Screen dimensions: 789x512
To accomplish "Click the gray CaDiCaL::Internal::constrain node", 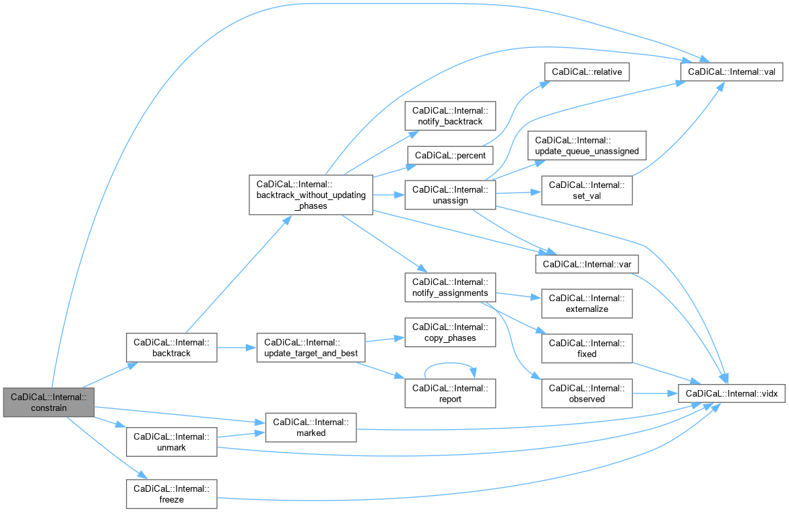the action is click(49, 402).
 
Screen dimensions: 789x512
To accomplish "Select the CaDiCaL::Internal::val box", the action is click(732, 72).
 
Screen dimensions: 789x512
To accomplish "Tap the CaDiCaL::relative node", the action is click(587, 72).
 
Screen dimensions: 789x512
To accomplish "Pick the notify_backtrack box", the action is click(450, 116).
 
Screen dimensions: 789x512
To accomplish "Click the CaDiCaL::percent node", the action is click(450, 156).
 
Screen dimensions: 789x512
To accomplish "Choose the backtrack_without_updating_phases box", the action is click(311, 195).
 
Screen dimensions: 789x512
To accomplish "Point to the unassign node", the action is click(450, 195).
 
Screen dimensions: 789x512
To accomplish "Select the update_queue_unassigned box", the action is click(587, 146).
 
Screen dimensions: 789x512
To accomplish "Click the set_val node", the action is click(587, 191).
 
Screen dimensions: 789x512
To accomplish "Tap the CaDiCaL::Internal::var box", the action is click(587, 264).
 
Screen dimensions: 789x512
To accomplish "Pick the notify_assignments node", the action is click(450, 288).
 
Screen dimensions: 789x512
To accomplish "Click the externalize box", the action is click(587, 304).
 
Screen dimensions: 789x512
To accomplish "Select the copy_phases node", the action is click(450, 332).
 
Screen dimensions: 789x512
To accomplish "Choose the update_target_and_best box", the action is click(311, 348).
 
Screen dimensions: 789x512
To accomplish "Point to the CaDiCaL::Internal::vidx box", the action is click(732, 393).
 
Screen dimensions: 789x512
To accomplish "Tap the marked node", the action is click(311, 428).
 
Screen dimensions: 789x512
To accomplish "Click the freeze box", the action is click(172, 494).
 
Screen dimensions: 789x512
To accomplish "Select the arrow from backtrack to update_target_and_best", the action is click(237, 348).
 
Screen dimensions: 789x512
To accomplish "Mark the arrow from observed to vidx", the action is click(655, 393).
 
